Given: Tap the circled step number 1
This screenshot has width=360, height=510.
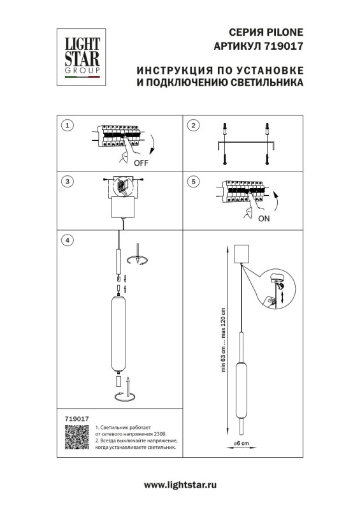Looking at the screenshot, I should [69, 125].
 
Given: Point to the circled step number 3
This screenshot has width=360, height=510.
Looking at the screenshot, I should [69, 182].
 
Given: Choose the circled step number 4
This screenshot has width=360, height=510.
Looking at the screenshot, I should [69, 240].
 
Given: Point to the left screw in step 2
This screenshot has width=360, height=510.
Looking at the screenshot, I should [224, 157].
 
